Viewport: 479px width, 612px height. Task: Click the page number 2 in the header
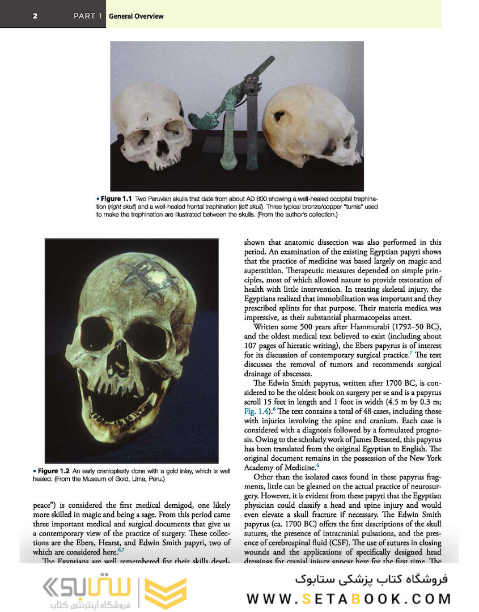point(35,16)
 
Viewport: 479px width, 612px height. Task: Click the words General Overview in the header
point(136,16)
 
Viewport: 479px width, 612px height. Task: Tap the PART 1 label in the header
point(88,16)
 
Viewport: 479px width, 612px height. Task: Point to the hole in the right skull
point(279,117)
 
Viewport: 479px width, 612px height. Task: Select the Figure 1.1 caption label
point(116,199)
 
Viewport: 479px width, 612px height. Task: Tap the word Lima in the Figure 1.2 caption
point(133,479)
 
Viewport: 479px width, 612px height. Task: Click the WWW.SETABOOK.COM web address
point(349,599)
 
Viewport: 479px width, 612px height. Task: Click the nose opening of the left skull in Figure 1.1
point(162,148)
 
